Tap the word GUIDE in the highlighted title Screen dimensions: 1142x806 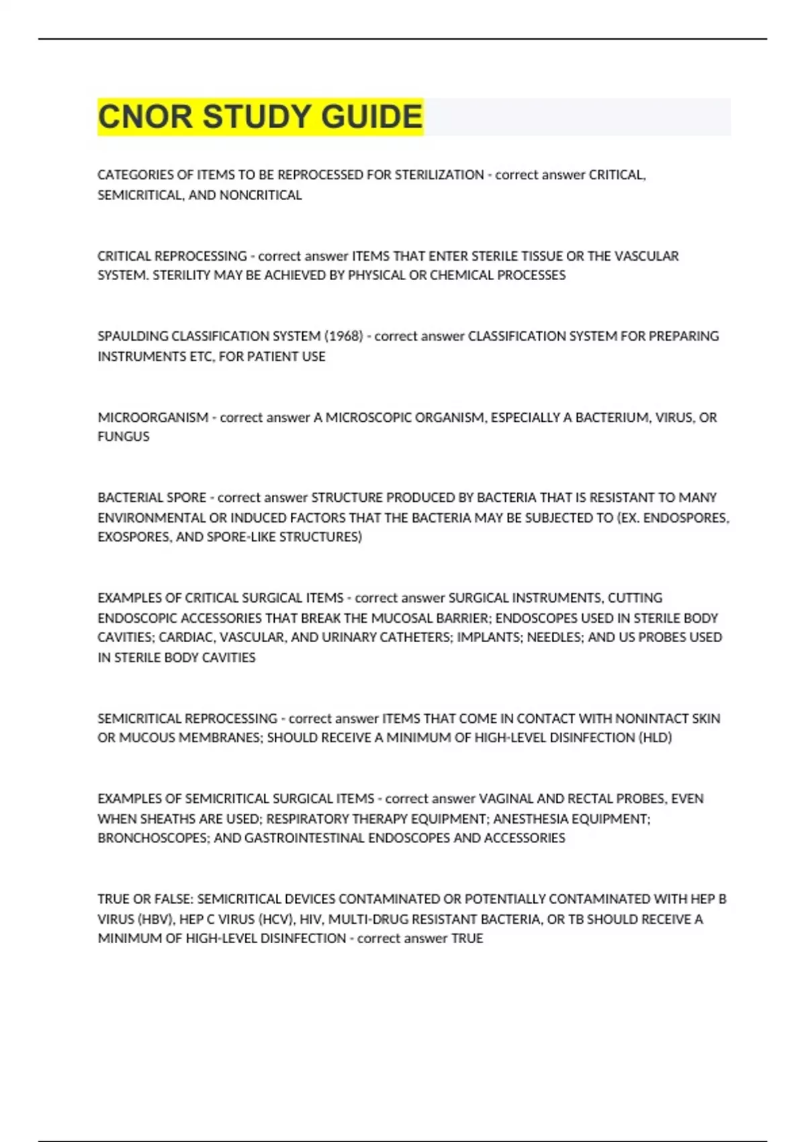click(x=371, y=117)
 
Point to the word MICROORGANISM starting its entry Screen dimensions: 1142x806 click(x=152, y=417)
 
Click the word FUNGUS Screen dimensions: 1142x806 click(x=124, y=437)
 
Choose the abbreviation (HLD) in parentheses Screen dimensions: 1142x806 click(x=655, y=738)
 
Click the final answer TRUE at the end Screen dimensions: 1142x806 click(x=467, y=938)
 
